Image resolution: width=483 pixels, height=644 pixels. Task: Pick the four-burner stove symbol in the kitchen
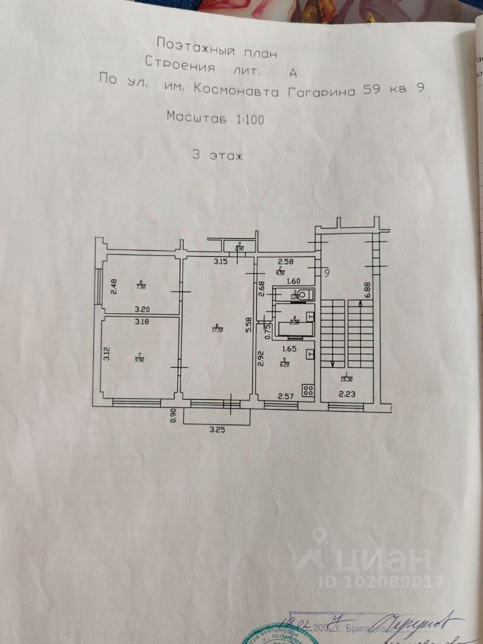click(x=310, y=390)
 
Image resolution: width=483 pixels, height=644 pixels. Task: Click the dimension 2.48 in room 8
click(x=114, y=287)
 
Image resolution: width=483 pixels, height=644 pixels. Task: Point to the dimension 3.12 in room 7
click(x=106, y=353)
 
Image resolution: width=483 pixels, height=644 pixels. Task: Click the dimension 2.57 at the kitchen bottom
click(x=287, y=396)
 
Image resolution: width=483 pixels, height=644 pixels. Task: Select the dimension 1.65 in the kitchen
click(x=289, y=350)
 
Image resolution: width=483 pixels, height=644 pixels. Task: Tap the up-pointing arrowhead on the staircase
click(x=360, y=305)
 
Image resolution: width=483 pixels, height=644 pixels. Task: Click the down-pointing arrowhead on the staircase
click(x=333, y=362)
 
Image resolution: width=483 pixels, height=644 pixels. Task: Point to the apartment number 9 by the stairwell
click(x=327, y=273)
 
